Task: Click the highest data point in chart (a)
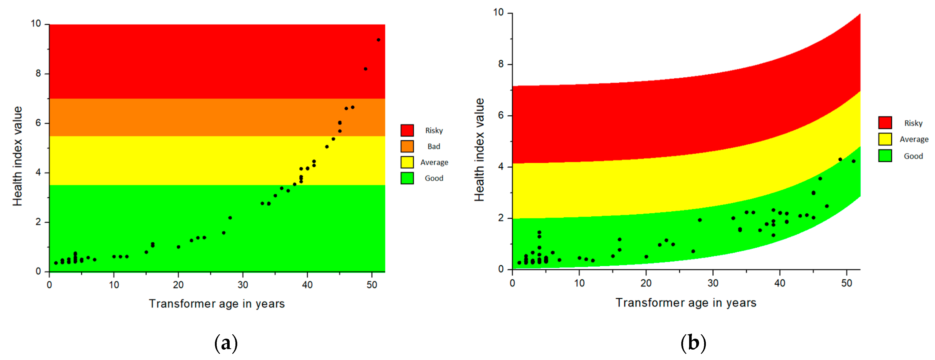(378, 40)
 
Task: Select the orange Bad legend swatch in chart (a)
(407, 146)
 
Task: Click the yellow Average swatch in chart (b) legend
(885, 139)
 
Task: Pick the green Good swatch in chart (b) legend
(885, 156)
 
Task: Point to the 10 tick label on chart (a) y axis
(36, 24)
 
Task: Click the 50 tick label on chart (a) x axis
(372, 285)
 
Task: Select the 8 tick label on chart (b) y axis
(501, 64)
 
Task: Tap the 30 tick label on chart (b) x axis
(713, 283)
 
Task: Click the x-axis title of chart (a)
(217, 303)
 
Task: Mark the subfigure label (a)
(226, 342)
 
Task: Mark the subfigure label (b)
(693, 342)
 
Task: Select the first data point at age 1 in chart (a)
(56, 263)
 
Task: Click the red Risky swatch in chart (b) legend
(885, 123)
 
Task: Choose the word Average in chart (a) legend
(434, 162)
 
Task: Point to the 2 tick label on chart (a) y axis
(38, 222)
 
